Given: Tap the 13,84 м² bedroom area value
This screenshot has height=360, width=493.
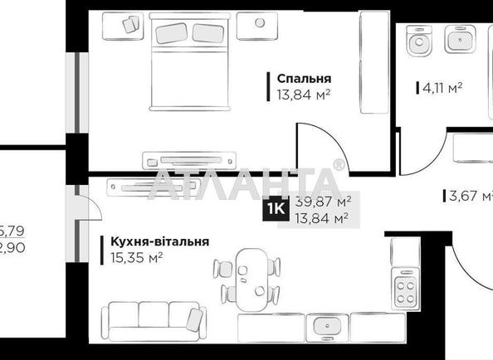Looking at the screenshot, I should (x=303, y=94).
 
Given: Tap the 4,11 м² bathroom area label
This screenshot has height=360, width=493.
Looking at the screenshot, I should (x=437, y=85).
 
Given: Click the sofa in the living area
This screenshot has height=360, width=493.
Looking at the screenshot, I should (x=152, y=320).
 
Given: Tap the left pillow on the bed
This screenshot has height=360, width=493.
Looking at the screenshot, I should (x=173, y=33).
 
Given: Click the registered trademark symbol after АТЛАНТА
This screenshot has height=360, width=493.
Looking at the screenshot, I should (x=338, y=165).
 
